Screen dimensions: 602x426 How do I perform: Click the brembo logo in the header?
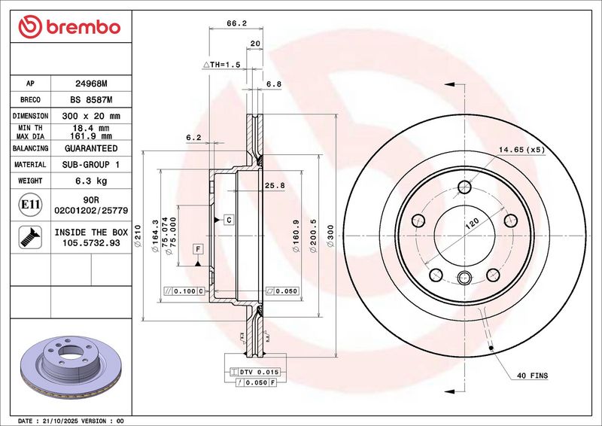tap(69, 27)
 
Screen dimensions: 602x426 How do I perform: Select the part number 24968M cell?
tap(91, 84)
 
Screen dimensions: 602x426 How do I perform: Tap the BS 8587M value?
tap(91, 100)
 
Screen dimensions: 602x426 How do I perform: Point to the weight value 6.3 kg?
tap(91, 181)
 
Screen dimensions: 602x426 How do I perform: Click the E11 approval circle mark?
tap(30, 205)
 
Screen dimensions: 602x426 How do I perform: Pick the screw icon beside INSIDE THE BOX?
tap(30, 237)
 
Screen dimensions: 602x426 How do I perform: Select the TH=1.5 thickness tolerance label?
tap(221, 65)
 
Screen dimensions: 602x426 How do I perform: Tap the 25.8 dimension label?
tap(275, 186)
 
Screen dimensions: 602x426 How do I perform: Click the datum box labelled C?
tap(229, 220)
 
